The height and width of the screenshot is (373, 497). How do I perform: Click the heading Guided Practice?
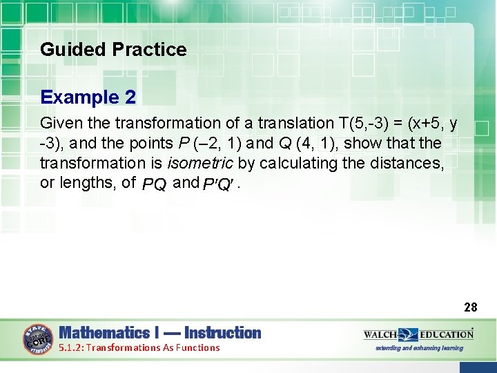[113, 50]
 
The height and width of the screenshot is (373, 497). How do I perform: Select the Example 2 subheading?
[88, 97]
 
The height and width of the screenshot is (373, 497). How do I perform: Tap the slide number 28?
[470, 307]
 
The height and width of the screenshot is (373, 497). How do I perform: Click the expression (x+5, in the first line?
[425, 124]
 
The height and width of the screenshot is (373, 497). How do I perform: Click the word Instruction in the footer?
[222, 333]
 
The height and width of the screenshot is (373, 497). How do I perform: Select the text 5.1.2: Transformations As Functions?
[139, 348]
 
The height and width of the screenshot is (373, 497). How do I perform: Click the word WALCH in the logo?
[380, 334]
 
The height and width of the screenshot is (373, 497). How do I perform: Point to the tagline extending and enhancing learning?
[419, 348]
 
